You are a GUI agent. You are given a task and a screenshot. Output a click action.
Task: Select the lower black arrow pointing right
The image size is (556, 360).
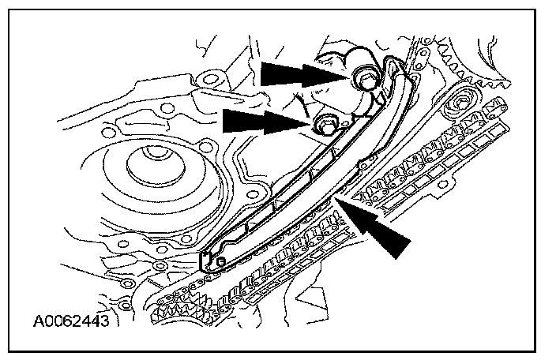click(x=261, y=121)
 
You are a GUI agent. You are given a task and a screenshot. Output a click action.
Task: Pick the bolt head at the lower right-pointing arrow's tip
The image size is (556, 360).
click(x=325, y=125)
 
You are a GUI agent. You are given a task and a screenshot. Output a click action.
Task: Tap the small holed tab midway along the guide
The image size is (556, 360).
click(x=364, y=166)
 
